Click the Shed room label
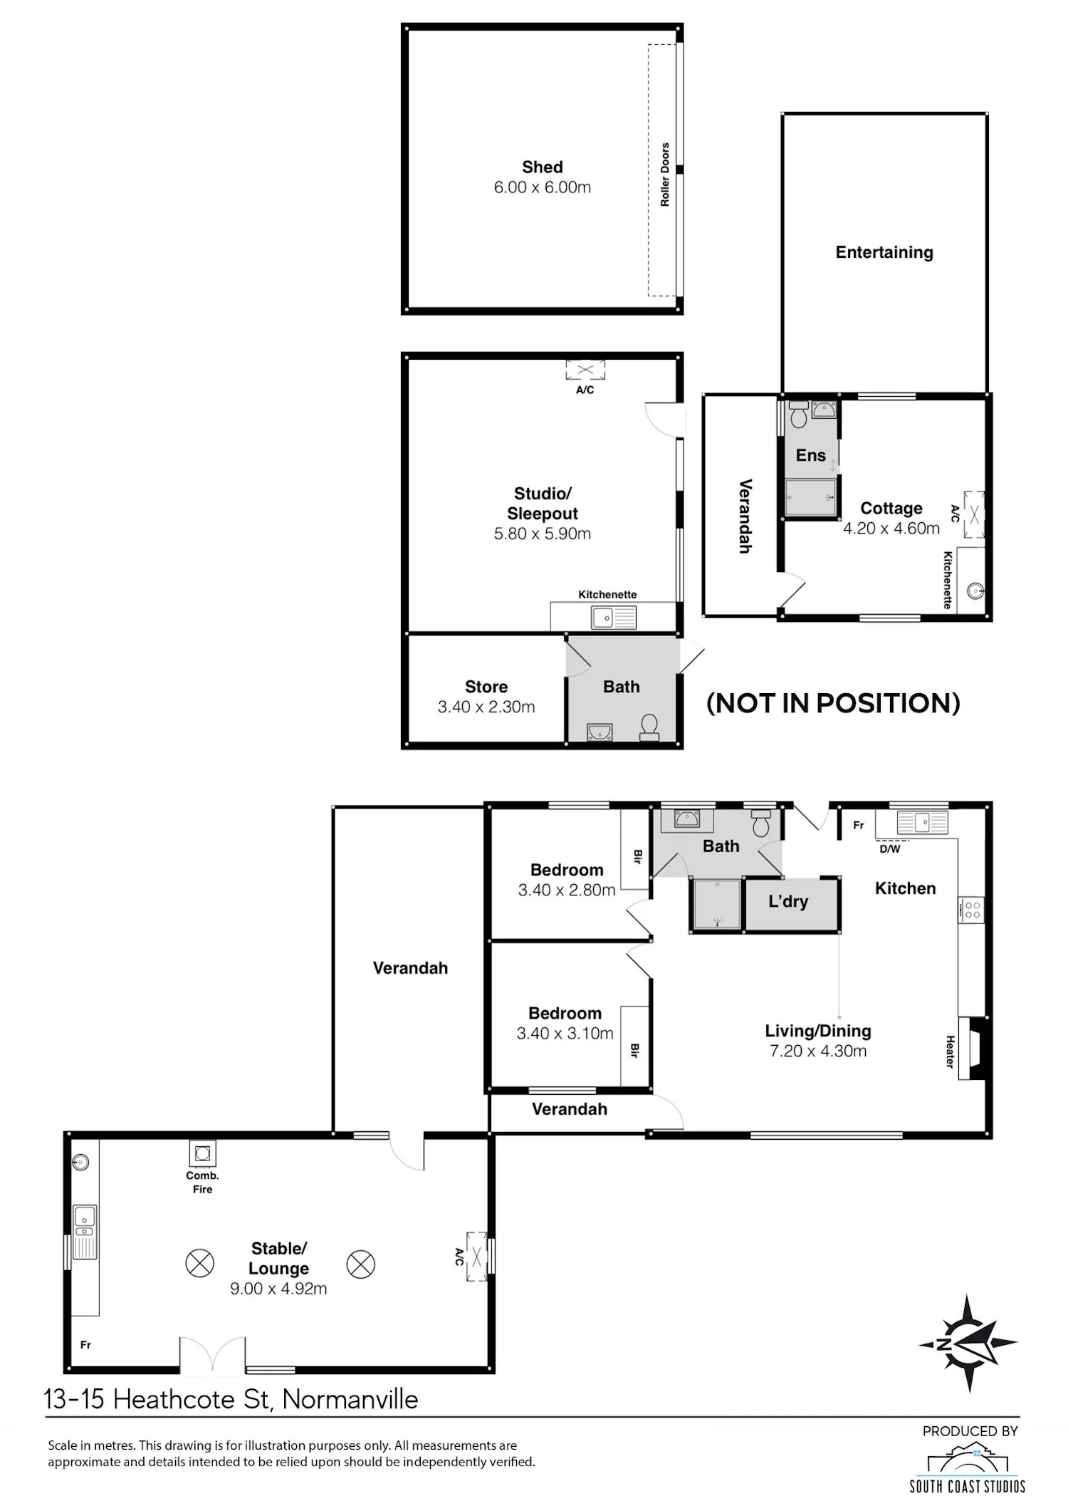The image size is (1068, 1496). (x=543, y=167)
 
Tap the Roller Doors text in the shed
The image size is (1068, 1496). (x=665, y=175)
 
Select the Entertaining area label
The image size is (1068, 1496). (x=884, y=252)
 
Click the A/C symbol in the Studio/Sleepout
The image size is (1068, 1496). (x=585, y=370)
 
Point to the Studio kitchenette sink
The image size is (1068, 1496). (x=614, y=618)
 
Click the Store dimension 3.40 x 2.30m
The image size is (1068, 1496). (x=486, y=707)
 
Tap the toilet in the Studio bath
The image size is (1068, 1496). (x=649, y=728)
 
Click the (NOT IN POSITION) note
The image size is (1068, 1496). (x=833, y=703)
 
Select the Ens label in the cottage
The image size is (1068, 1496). (x=810, y=455)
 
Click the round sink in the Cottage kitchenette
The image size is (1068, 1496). (x=975, y=591)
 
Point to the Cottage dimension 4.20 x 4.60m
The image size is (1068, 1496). (x=891, y=528)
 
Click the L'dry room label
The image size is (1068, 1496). (x=788, y=901)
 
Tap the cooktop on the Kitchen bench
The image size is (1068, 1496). (x=972, y=909)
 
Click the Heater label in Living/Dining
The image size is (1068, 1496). (x=950, y=1051)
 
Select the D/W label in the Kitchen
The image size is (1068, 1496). (x=890, y=848)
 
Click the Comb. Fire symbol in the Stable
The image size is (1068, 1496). (x=202, y=1153)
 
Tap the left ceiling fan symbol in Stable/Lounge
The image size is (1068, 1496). (x=199, y=1264)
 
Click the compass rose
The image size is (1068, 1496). (x=968, y=1344)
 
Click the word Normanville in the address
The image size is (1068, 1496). (x=350, y=1399)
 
